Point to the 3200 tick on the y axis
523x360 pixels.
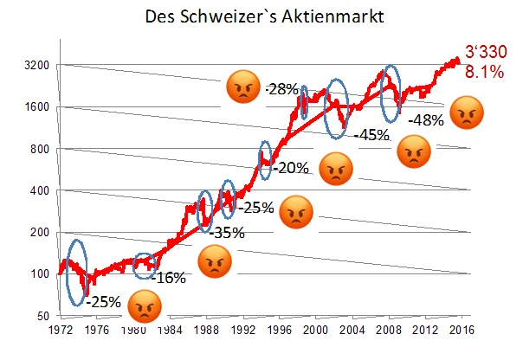click(x=36, y=65)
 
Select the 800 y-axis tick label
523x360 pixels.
click(x=38, y=149)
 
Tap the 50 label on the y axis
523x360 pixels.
click(x=41, y=316)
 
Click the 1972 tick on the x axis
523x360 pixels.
click(x=59, y=330)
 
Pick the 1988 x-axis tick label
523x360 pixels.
click(x=206, y=330)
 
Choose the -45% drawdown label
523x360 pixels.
click(x=370, y=134)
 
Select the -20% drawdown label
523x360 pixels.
click(x=292, y=167)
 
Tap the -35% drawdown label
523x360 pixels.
click(x=228, y=232)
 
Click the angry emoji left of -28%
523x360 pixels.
click(x=242, y=88)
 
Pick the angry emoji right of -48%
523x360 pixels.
click(x=467, y=112)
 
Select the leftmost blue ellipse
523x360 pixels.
click(x=76, y=272)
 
